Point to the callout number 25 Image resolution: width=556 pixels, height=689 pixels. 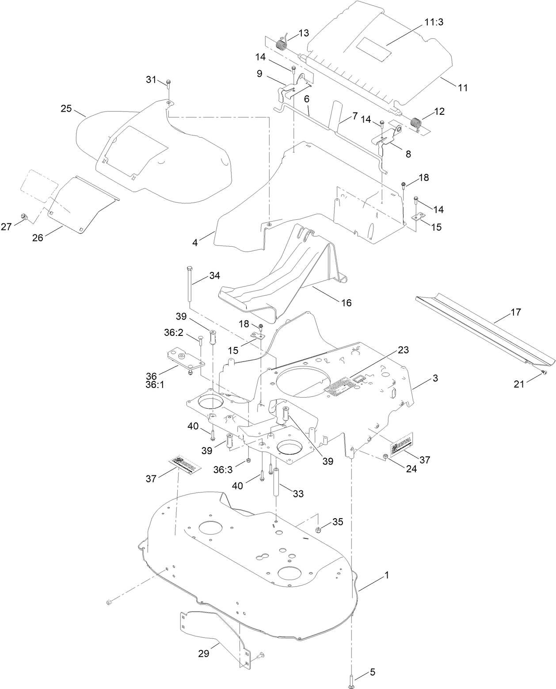point(66,109)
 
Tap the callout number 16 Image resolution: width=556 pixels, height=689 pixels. point(346,302)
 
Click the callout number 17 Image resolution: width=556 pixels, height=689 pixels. point(515,312)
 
